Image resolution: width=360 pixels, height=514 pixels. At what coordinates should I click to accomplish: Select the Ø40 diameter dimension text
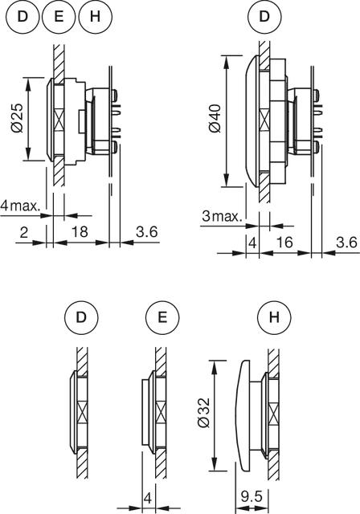(x=215, y=119)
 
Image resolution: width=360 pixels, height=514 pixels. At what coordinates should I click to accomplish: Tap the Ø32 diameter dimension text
(x=203, y=413)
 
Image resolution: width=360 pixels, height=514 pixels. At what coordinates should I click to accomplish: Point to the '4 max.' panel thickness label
(x=21, y=206)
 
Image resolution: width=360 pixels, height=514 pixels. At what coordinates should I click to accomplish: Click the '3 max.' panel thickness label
(x=222, y=216)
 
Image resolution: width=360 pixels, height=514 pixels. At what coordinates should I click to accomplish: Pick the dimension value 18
(x=80, y=231)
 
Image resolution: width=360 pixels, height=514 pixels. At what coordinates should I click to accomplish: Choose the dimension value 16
(x=284, y=243)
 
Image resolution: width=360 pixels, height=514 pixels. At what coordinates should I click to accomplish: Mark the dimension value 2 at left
(x=23, y=232)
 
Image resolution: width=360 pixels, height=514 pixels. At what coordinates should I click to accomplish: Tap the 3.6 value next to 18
(x=147, y=231)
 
